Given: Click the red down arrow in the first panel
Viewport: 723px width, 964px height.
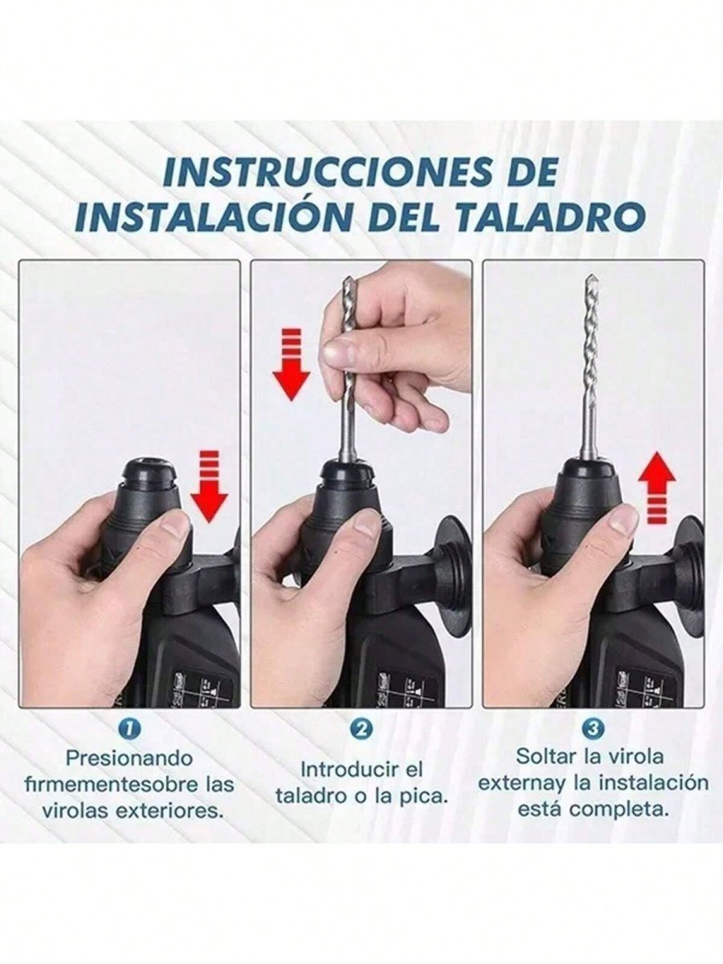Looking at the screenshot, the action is (210, 486).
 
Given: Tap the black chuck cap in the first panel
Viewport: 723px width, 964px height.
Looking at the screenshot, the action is (150, 472).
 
